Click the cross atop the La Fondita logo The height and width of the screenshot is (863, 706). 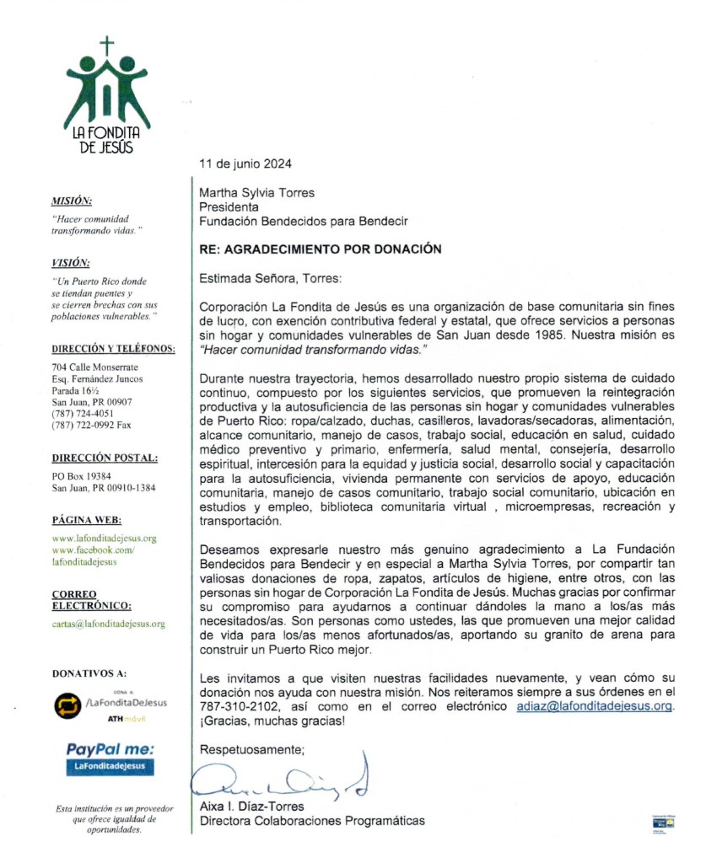[x=106, y=46]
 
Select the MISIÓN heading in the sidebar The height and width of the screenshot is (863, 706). [x=72, y=201]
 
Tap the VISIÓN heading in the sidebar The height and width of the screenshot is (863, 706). [x=71, y=262]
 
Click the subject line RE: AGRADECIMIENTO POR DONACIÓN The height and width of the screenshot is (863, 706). [x=320, y=249]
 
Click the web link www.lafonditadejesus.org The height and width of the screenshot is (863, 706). [x=105, y=538]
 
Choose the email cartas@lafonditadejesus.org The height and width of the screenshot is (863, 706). [x=108, y=624]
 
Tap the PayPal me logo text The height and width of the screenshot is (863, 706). [x=110, y=748]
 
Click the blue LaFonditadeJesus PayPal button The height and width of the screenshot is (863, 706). [x=110, y=766]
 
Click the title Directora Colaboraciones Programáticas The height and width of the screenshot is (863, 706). [x=311, y=821]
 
